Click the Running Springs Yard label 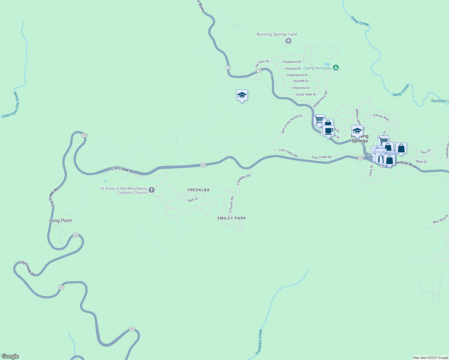pyautogui.click(x=276, y=34)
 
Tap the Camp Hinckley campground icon pyautogui.click(x=336, y=68)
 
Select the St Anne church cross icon pyautogui.click(x=152, y=190)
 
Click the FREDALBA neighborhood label pyautogui.click(x=198, y=190)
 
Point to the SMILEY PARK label pyautogui.click(x=231, y=218)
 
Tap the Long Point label pyautogui.click(x=61, y=220)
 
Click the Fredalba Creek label pyautogui.click(x=259, y=342)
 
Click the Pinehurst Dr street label pyautogui.click(x=292, y=62)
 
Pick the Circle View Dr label pyautogui.click(x=306, y=94)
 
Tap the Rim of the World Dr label pyautogui.click(x=292, y=124)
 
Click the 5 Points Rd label pyautogui.click(x=231, y=205)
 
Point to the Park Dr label pyautogui.click(x=193, y=200)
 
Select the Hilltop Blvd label pyautogui.click(x=406, y=164)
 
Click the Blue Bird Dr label pyautogui.click(x=440, y=219)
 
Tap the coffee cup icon pyautogui.click(x=328, y=131)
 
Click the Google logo pyautogui.click(x=10, y=356)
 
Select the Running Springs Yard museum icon pyautogui.click(x=288, y=41)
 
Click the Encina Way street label pyautogui.click(x=381, y=117)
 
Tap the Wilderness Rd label pyautogui.click(x=320, y=99)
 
